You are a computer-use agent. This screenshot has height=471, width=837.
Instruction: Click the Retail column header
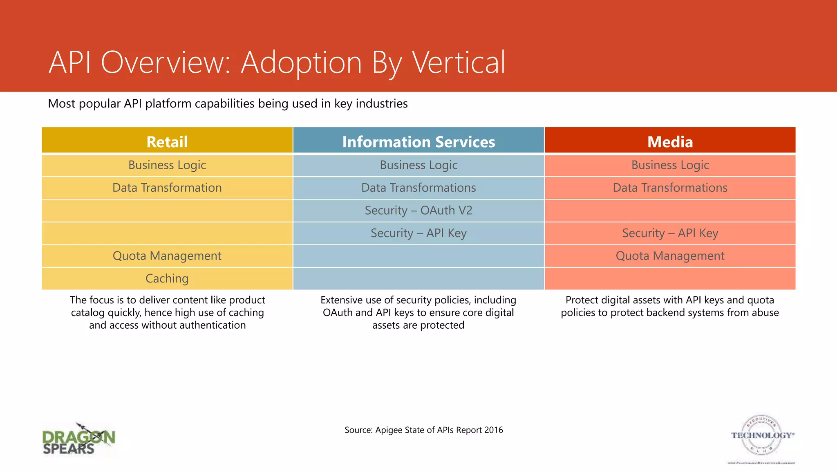coord(167,141)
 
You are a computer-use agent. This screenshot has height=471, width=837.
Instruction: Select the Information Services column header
coord(418,141)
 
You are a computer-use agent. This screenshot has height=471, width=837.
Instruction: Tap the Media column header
coord(670,141)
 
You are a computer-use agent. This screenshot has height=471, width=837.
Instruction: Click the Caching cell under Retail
coord(167,278)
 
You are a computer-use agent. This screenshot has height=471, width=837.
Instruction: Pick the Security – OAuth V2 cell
coord(418,210)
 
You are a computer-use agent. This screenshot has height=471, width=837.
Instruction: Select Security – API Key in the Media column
coord(670,233)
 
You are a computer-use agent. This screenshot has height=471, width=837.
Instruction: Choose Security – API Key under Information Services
coord(418,233)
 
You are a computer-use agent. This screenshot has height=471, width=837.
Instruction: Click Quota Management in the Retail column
coord(167,256)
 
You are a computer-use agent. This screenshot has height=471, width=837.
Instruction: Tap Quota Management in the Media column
coord(670,256)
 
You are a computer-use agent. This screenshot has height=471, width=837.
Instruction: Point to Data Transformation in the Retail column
coord(167,188)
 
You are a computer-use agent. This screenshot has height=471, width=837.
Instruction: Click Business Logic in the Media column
coord(670,165)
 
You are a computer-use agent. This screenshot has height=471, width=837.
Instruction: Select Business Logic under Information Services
coord(418,165)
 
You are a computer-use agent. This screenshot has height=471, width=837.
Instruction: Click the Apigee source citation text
coord(423,430)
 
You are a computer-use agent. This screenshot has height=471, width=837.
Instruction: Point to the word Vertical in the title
coord(459,62)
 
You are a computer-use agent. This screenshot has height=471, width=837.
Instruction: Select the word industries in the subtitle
coord(381,103)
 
